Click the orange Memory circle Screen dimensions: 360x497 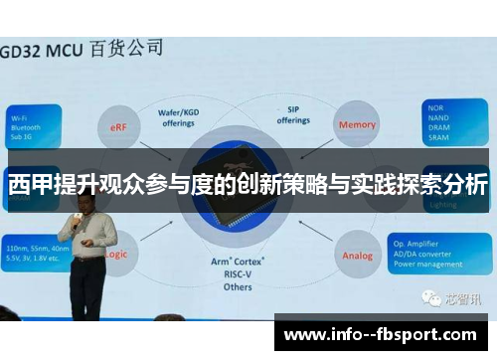pyautogui.click(x=357, y=125)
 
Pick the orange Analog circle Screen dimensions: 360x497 pyautogui.click(x=356, y=256)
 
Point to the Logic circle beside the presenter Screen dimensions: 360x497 pyautogui.click(x=116, y=255)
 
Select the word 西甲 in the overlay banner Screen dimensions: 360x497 pyautogui.click(x=28, y=184)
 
